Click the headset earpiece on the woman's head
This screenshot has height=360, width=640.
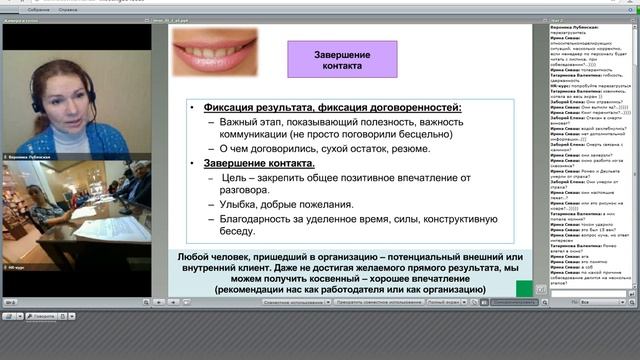point(36,101)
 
